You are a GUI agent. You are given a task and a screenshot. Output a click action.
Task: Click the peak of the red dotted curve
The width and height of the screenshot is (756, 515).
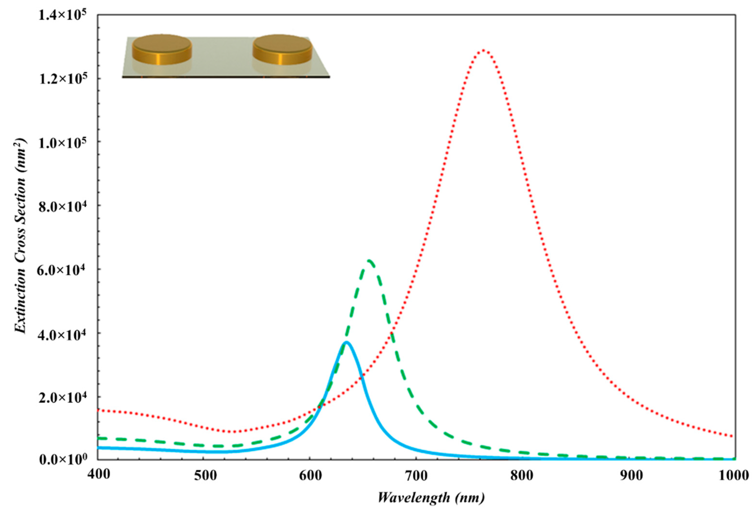(x=484, y=50)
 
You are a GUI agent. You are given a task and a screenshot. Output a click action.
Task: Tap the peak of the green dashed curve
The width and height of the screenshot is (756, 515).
(x=369, y=260)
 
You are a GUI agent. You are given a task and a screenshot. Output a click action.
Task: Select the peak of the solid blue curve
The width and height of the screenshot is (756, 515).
(x=347, y=342)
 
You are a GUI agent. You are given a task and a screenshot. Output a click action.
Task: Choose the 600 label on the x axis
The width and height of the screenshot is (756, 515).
(x=310, y=475)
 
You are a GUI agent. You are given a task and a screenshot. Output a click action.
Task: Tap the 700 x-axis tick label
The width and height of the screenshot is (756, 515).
(x=416, y=475)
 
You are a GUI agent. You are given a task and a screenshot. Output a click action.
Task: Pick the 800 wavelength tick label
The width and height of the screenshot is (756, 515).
(x=522, y=475)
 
